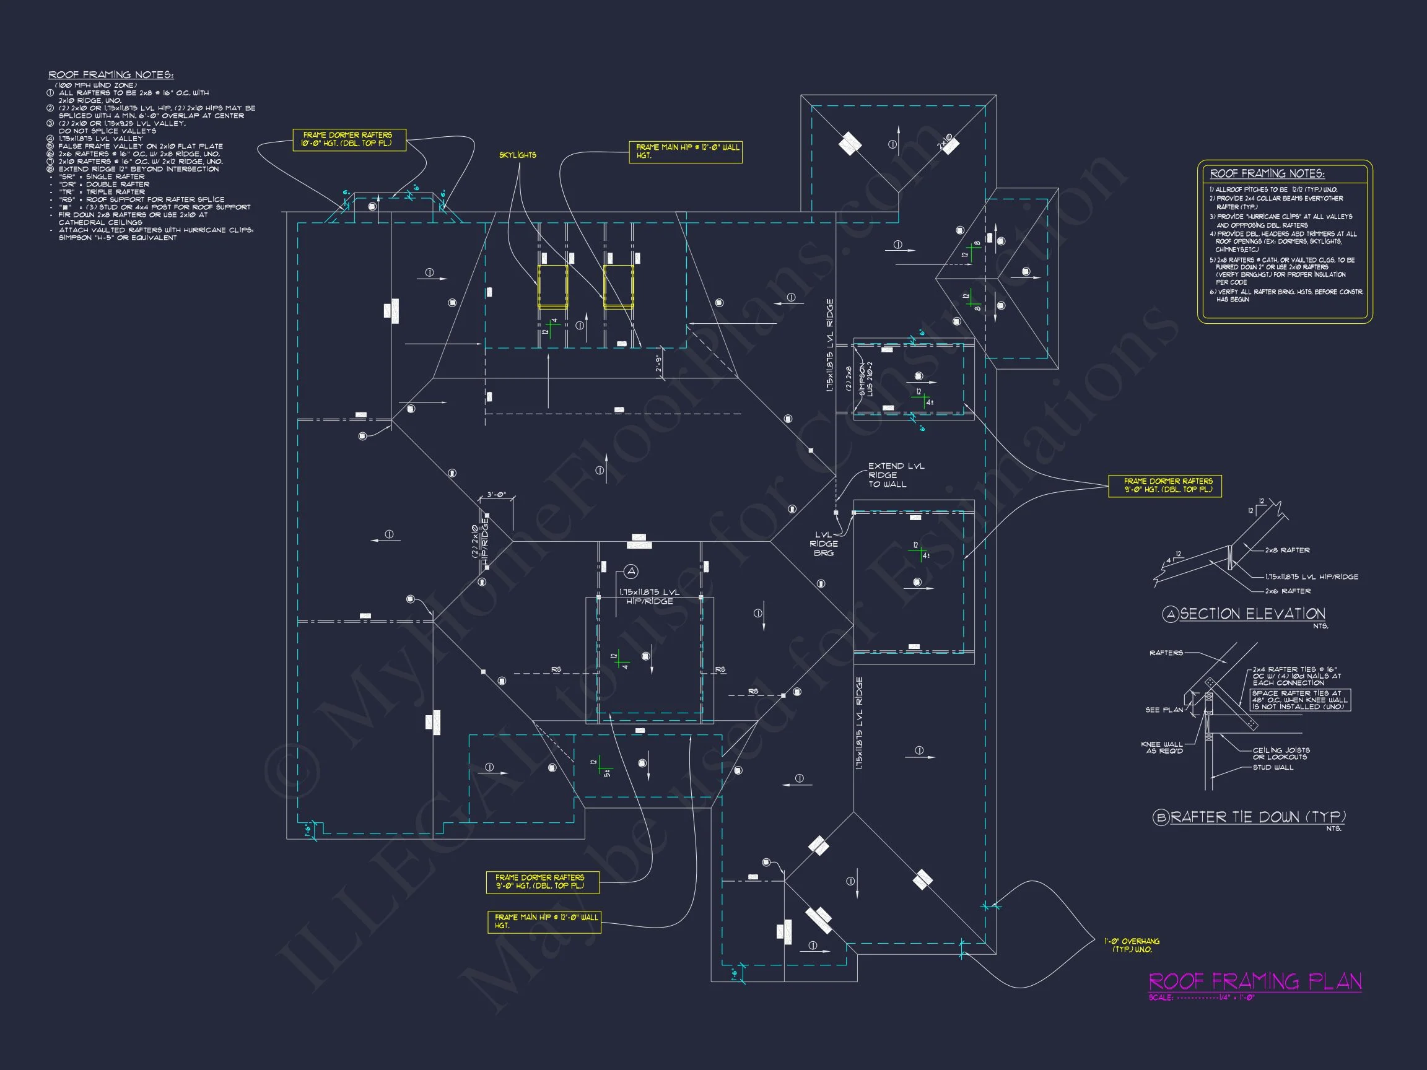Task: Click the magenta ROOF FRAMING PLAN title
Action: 1255,981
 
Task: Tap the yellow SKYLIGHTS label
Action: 517,155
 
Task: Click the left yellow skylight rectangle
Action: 553,286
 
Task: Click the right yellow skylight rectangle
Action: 618,286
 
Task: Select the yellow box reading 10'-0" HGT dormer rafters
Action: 349,139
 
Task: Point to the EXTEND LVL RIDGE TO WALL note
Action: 896,475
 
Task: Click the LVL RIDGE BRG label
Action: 823,544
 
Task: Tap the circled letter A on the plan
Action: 631,572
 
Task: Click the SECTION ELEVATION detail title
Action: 1252,614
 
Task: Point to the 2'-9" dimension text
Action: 658,363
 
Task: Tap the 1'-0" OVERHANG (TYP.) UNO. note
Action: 1131,946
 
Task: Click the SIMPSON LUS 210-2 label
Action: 865,380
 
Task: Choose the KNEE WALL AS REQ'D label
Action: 1161,747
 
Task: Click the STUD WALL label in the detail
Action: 1273,767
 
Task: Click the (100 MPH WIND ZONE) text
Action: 95,85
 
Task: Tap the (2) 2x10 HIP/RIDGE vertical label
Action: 479,541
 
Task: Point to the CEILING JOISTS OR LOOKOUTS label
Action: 1281,754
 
